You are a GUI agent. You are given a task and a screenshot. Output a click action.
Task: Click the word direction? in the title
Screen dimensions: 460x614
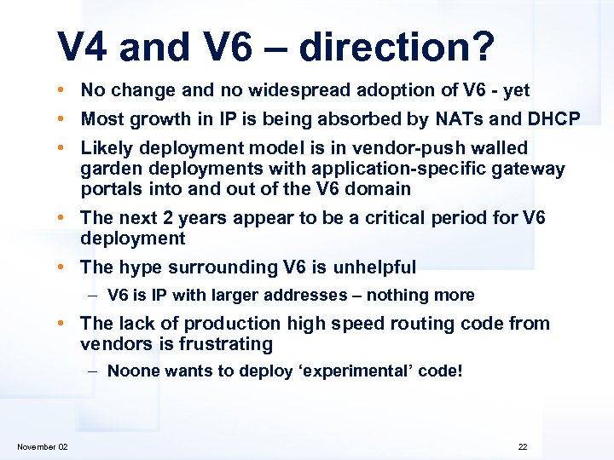[396, 48]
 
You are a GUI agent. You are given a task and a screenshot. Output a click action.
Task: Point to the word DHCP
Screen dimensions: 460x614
[553, 118]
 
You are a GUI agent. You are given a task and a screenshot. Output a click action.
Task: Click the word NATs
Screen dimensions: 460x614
[478, 118]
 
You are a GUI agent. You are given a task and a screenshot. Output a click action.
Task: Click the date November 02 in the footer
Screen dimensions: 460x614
[43, 446]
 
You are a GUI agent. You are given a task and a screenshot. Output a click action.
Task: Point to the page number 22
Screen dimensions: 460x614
[523, 446]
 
